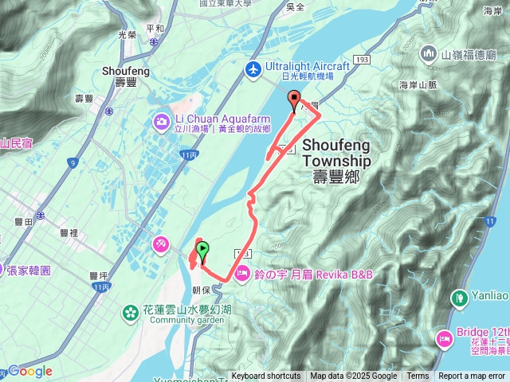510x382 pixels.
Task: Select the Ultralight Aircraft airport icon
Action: coord(253,68)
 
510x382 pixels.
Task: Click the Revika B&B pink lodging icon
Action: coord(240,274)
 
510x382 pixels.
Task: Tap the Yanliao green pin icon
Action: coord(459,298)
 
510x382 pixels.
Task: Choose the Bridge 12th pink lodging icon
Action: coord(443,339)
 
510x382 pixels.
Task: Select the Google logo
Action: coord(29,372)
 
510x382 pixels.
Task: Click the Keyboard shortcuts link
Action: coord(266,376)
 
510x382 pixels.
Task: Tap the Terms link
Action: coord(418,376)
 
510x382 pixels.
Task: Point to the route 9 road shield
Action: coord(73,164)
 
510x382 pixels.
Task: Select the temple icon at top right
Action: coord(428,54)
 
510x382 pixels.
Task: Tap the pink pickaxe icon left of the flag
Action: coord(161,240)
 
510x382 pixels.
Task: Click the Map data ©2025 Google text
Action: coord(353,376)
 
